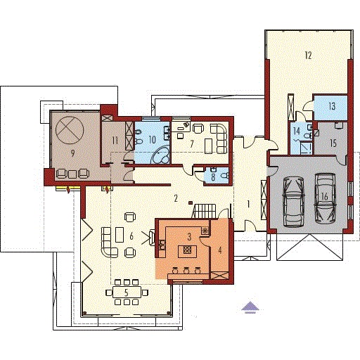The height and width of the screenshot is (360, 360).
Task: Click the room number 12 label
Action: (309, 56)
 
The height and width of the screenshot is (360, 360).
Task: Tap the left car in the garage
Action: (294, 202)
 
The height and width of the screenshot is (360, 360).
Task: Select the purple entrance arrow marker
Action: (250, 307)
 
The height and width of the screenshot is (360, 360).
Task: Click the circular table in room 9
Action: (70, 130)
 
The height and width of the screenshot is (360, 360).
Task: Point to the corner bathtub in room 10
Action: (161, 155)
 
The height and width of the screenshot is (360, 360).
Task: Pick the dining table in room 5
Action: (127, 292)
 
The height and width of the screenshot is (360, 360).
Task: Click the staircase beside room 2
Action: (205, 211)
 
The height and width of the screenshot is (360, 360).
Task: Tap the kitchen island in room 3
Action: (187, 251)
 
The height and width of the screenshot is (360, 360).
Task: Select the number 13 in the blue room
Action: (332, 106)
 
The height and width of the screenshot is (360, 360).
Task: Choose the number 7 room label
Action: (192, 144)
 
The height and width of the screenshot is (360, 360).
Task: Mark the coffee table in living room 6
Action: (120, 235)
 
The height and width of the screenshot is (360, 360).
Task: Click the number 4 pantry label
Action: (219, 250)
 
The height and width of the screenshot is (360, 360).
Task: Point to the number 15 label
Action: (333, 143)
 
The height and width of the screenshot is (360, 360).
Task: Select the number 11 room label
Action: (115, 141)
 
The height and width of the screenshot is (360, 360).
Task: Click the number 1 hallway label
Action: (248, 204)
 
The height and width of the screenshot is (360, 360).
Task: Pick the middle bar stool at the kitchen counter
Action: (186, 271)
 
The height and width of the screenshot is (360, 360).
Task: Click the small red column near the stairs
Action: (191, 202)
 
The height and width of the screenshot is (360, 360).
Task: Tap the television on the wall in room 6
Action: (152, 238)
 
